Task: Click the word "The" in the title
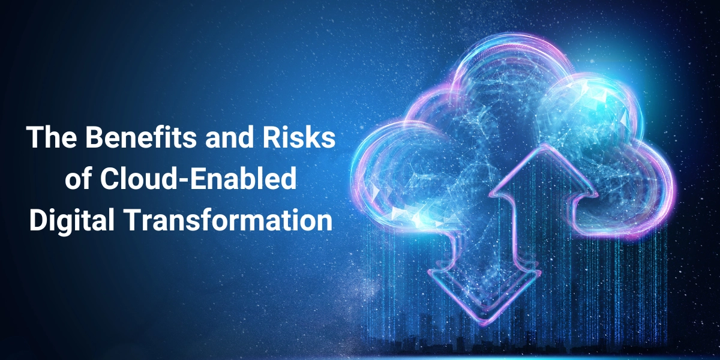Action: coord(52,137)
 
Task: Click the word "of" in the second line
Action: coord(79,178)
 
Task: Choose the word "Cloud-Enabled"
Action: coord(198,178)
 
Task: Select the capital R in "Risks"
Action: coord(273,137)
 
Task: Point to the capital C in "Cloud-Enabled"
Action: coord(109,178)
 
